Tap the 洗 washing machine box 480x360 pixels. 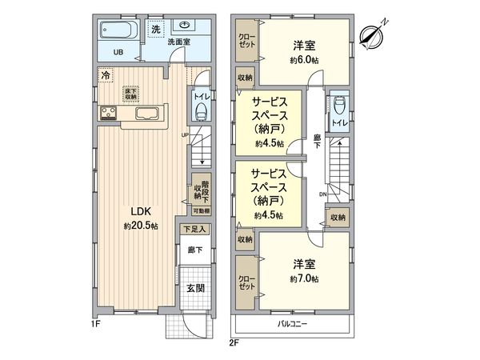click(x=157, y=29)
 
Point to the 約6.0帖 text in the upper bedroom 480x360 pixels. click(x=305, y=59)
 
